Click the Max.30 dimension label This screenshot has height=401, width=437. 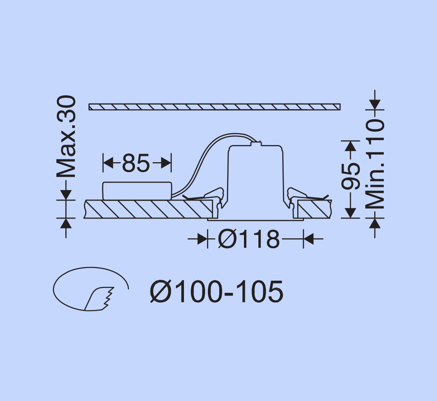[x=66, y=136]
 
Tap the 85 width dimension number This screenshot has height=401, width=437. [x=136, y=163]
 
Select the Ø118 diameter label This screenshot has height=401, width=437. [x=248, y=239]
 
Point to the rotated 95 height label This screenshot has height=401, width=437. [x=350, y=176]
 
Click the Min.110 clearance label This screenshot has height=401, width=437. [x=375, y=164]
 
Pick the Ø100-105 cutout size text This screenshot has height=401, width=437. [x=216, y=292]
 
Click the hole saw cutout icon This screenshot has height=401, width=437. [x=91, y=289]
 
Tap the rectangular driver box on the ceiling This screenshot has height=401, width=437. [x=137, y=191]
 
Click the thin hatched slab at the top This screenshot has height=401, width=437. [x=214, y=107]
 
